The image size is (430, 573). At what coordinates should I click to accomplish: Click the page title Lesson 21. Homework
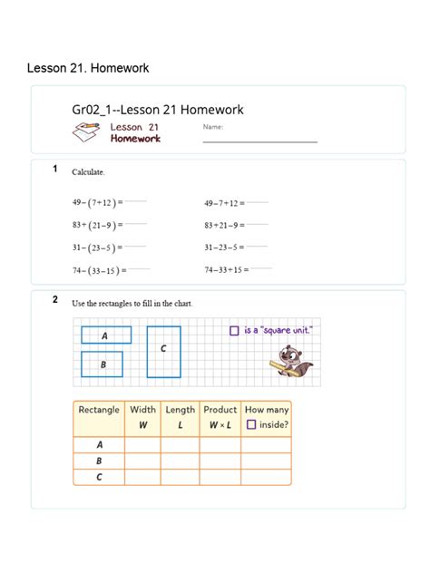pos(88,68)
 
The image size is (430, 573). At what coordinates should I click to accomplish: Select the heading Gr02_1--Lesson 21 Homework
pos(158,111)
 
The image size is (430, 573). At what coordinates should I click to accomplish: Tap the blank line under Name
pos(259,141)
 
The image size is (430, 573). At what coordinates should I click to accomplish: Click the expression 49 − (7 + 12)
pos(96,202)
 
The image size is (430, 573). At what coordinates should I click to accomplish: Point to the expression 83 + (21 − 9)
pos(96,225)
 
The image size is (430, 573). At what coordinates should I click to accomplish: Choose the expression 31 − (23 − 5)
pos(96,247)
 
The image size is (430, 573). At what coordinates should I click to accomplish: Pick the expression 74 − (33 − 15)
pos(96,269)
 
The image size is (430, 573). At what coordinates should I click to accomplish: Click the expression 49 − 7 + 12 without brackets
pos(223,202)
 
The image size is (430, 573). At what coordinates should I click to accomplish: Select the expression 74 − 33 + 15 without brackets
pos(226,268)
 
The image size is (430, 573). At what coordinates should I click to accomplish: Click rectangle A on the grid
pos(106,335)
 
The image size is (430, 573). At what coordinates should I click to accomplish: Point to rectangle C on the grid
pos(163,350)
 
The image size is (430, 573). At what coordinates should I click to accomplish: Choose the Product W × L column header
pos(220,417)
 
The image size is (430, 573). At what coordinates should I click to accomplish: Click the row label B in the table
pos(99,461)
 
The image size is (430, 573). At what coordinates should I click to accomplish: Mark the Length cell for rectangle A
pos(181,444)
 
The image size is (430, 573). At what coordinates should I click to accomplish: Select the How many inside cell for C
pos(266,477)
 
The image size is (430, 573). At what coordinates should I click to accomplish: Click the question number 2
pos(55,299)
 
